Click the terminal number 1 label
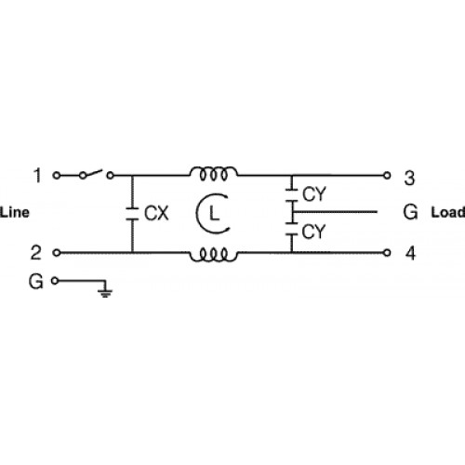[37, 175]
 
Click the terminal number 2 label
[35, 252]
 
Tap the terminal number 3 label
[409, 178]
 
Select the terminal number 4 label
[410, 253]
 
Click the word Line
[15, 213]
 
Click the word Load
[448, 212]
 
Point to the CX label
[156, 213]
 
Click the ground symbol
[105, 292]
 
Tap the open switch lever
[92, 173]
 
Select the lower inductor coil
[214, 255]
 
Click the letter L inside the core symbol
[214, 213]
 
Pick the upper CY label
[314, 194]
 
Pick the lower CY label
[313, 232]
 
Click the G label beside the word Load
[410, 212]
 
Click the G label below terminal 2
[35, 282]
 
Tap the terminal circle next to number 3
[387, 176]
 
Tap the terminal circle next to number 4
[387, 253]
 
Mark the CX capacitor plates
[132, 214]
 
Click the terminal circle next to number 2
[57, 253]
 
